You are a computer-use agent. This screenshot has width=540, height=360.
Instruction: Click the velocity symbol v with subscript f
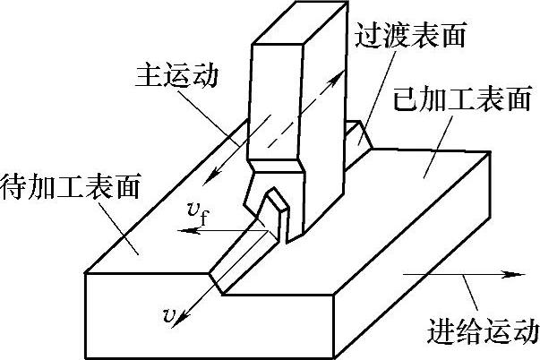200,213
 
